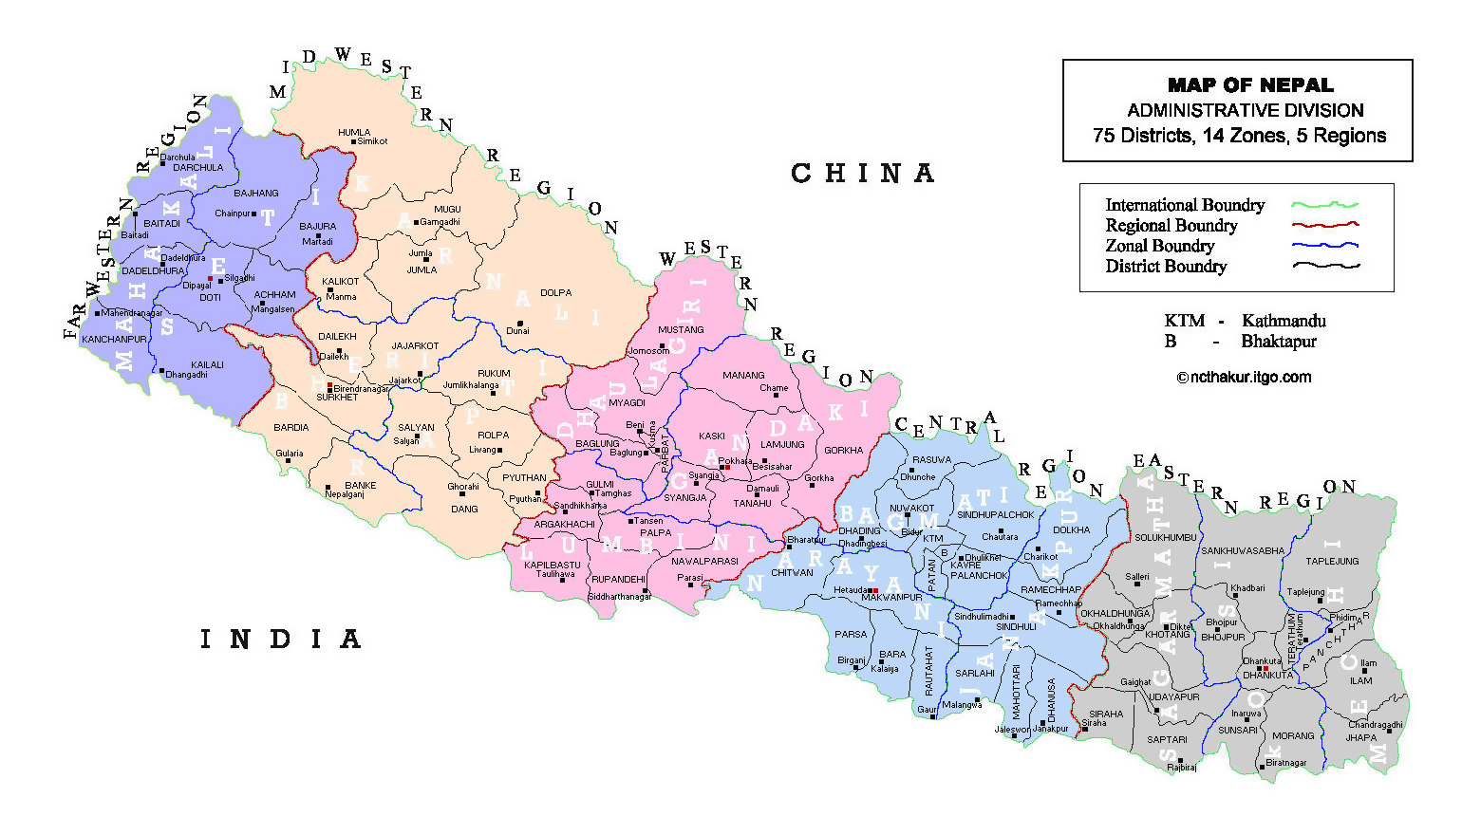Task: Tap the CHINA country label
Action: click(862, 174)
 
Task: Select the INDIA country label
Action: click(280, 640)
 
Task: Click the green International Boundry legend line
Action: click(1324, 205)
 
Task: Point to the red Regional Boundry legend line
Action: click(1324, 226)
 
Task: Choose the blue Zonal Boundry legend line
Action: click(1324, 246)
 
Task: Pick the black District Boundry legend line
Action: click(1324, 267)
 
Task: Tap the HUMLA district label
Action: click(354, 133)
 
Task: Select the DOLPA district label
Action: click(555, 293)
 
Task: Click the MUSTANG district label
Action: click(681, 330)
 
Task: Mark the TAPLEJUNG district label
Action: click(1332, 562)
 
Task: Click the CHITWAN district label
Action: click(792, 573)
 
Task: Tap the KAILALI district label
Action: click(207, 364)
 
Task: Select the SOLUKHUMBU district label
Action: click(1166, 538)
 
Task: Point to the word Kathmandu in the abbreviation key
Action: click(1284, 321)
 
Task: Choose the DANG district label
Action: click(464, 510)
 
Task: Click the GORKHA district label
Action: click(843, 451)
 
